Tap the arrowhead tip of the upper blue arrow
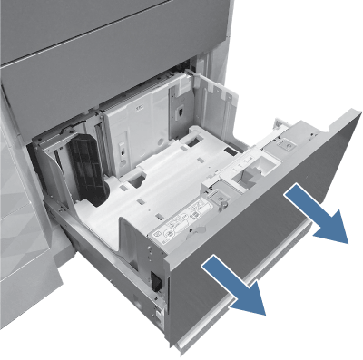347,243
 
